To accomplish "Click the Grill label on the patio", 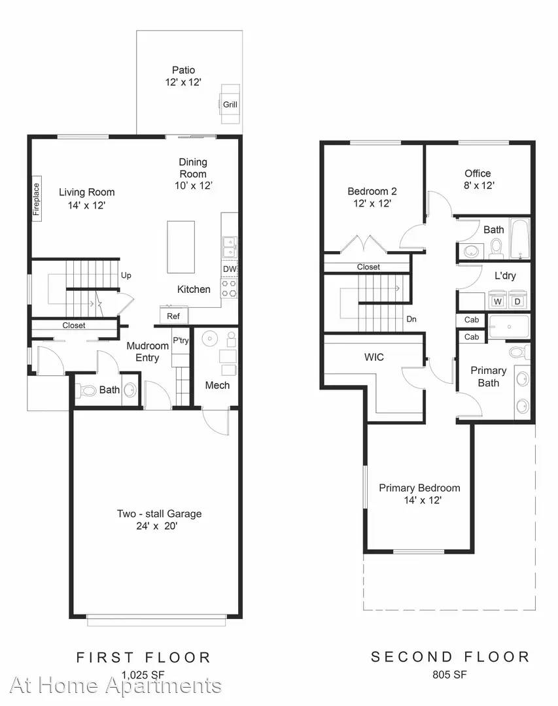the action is pos(230,105).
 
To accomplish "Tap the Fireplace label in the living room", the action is pos(37,199).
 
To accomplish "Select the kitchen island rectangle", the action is pos(181,246).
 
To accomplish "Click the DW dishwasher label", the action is pos(230,269).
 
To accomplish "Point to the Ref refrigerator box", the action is pos(173,316).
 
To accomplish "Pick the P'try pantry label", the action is pos(181,340).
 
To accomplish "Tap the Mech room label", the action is pos(217,385).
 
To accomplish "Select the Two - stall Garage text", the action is pos(159,514).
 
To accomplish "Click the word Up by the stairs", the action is pos(126,275).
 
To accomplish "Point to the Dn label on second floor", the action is pos(411,319).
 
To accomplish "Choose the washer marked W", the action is pos(498,300).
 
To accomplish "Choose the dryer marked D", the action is pos(517,300).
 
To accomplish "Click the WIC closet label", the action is pos(374,357).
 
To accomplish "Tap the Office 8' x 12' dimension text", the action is pos(479,185).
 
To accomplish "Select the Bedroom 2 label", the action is pos(372,191).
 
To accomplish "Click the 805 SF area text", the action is pos(450,675).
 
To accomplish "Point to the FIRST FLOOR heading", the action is pos(143,658).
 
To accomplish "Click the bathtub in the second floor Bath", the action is pos(519,239).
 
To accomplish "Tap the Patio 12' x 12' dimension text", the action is pos(183,82).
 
